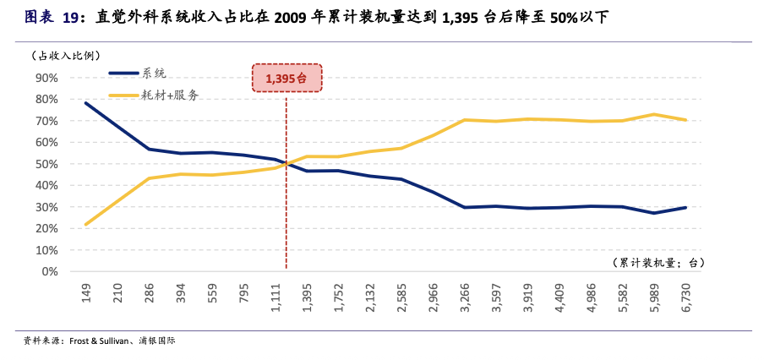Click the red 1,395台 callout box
(286, 78)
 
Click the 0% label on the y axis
(49, 272)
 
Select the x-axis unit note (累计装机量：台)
(658, 263)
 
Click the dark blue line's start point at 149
(86, 103)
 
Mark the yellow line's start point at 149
(86, 224)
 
